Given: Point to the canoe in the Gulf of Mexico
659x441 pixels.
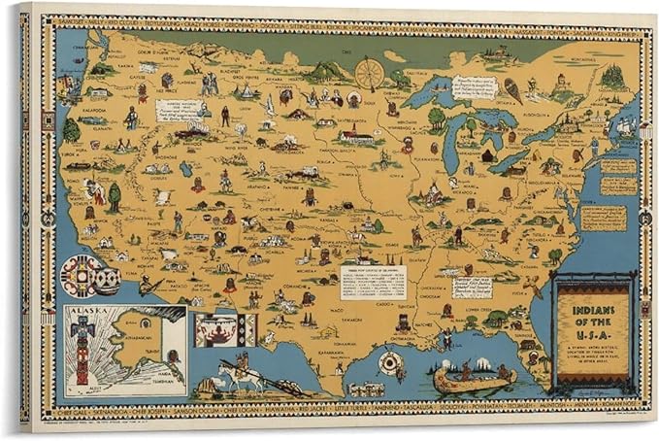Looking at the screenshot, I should tap(474, 376).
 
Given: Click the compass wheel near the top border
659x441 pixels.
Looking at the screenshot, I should tap(368, 73).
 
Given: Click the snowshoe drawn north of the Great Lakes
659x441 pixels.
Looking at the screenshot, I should tap(512, 91).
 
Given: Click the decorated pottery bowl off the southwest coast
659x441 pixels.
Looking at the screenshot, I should tap(88, 276).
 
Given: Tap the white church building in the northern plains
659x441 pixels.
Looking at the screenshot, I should tap(356, 135).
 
